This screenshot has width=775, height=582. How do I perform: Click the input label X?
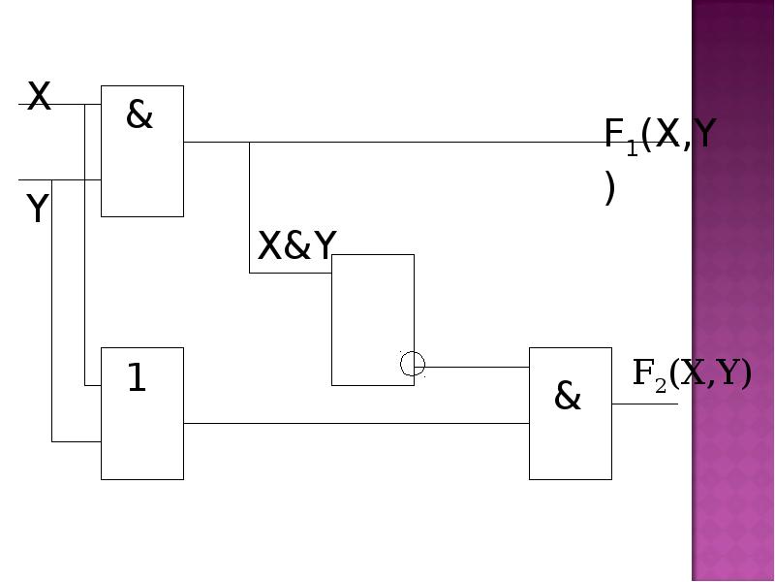(x=39, y=96)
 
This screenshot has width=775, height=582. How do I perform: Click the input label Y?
(x=38, y=208)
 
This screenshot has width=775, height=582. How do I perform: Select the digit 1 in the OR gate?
(x=137, y=377)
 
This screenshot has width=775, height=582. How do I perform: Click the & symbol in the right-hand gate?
(x=568, y=396)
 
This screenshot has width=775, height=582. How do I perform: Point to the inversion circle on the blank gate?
(x=413, y=365)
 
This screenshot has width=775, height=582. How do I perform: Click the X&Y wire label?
(x=297, y=245)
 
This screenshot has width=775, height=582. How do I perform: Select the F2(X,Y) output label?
(x=692, y=373)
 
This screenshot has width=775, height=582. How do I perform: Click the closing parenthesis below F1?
(x=610, y=187)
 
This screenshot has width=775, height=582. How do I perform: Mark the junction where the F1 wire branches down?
(x=249, y=142)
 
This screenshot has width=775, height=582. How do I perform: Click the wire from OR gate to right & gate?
(x=356, y=424)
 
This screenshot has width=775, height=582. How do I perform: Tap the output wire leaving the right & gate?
(x=645, y=404)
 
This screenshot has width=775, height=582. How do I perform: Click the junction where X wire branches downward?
(x=84, y=105)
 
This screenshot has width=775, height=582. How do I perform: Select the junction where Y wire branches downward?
(x=52, y=180)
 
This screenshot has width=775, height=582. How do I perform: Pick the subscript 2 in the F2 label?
(x=661, y=386)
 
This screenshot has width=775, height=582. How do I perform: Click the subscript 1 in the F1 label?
(x=633, y=148)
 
